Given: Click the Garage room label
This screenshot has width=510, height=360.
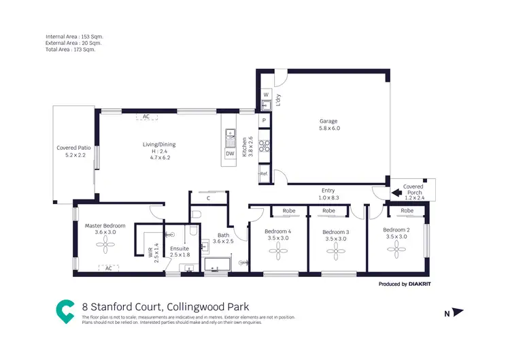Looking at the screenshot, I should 329,124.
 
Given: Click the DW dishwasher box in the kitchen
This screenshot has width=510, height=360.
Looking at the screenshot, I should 230,153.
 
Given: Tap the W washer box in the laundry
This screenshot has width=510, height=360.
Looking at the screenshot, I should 266,95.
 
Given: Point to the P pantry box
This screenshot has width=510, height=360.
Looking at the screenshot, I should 265,120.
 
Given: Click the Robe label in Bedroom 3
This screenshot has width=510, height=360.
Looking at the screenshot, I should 328,211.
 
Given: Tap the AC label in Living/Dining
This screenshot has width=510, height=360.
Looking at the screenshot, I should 146,116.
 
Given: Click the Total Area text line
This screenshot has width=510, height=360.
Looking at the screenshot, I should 71,49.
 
